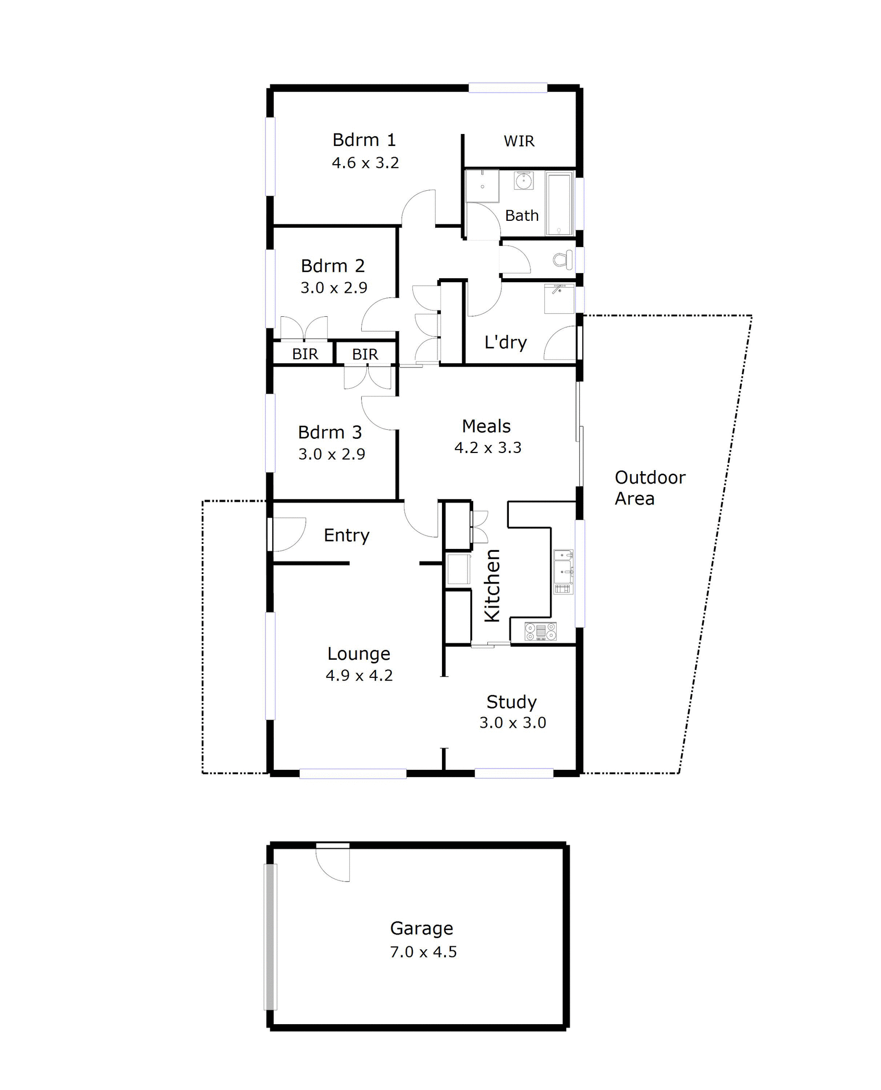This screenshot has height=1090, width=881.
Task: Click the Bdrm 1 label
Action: [x=364, y=140]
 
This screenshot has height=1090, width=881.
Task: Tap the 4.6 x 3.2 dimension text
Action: [x=365, y=163]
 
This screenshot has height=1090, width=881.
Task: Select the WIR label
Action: [x=519, y=141]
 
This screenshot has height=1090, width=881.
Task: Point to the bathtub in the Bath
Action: [x=560, y=203]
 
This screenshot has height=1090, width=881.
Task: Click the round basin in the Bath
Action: [x=523, y=181]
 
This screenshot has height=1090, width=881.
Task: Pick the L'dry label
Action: [x=506, y=342]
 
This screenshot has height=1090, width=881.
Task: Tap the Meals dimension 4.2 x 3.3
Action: [x=487, y=448]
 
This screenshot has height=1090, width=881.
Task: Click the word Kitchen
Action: [x=492, y=585]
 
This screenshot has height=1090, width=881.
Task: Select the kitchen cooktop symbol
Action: [x=540, y=631]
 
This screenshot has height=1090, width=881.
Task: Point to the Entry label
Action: [x=346, y=535]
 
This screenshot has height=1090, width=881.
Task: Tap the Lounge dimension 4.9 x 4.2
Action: [x=359, y=676]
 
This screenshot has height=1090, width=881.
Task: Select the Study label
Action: [x=511, y=702]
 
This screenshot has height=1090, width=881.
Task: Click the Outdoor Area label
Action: [x=649, y=488]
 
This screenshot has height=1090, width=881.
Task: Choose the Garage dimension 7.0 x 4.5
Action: [x=423, y=952]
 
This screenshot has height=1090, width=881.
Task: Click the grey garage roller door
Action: [x=271, y=937]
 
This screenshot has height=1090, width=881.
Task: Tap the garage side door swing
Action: [x=333, y=863]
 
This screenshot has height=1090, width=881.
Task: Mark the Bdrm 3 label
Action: [x=329, y=433]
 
